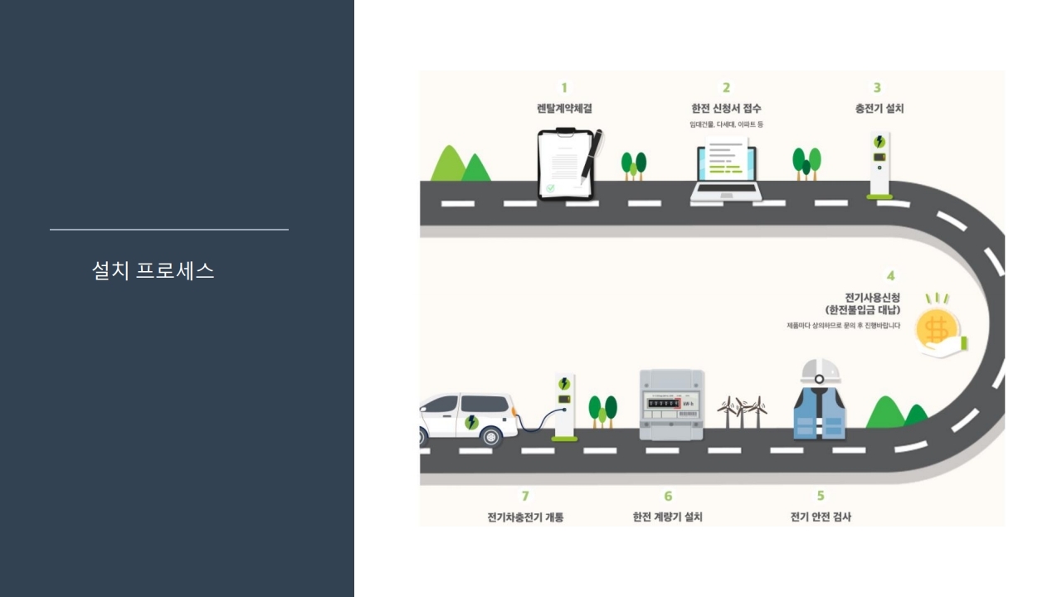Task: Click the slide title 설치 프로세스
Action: (153, 270)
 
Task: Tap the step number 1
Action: (564, 88)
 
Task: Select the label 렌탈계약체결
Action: (564, 109)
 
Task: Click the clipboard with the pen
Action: (566, 163)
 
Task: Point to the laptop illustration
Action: (726, 173)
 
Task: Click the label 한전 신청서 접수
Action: (726, 109)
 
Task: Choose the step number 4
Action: (890, 276)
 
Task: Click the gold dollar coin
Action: (938, 328)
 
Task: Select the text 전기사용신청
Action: (872, 297)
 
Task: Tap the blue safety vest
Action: (820, 412)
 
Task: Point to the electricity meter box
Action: (671, 405)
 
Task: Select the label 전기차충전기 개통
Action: (525, 517)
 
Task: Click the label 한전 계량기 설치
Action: (667, 517)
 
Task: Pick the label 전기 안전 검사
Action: (821, 517)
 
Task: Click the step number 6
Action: (668, 496)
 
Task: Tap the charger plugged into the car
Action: (564, 406)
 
